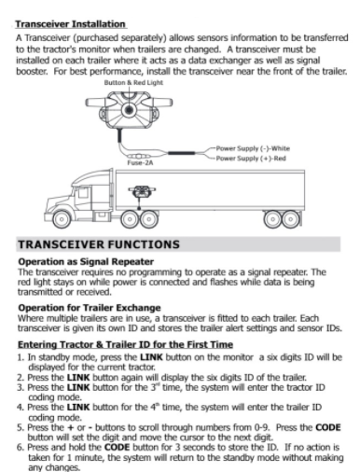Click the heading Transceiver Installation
click(x=71, y=24)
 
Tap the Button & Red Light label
click(x=133, y=83)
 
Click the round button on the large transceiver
click(x=129, y=110)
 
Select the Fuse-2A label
click(x=140, y=162)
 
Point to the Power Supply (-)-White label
click(x=253, y=148)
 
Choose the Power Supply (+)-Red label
click(x=251, y=159)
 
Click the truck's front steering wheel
click(x=62, y=219)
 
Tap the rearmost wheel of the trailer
click(x=291, y=219)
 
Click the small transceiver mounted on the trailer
click(x=142, y=192)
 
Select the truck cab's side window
click(x=83, y=193)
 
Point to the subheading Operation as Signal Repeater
click(x=86, y=261)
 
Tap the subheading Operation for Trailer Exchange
click(x=90, y=308)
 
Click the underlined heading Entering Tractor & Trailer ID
click(x=125, y=344)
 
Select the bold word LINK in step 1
click(x=151, y=357)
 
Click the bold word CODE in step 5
click(x=328, y=427)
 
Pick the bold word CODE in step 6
click(x=117, y=448)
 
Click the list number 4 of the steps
click(x=21, y=408)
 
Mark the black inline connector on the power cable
click(x=182, y=153)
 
